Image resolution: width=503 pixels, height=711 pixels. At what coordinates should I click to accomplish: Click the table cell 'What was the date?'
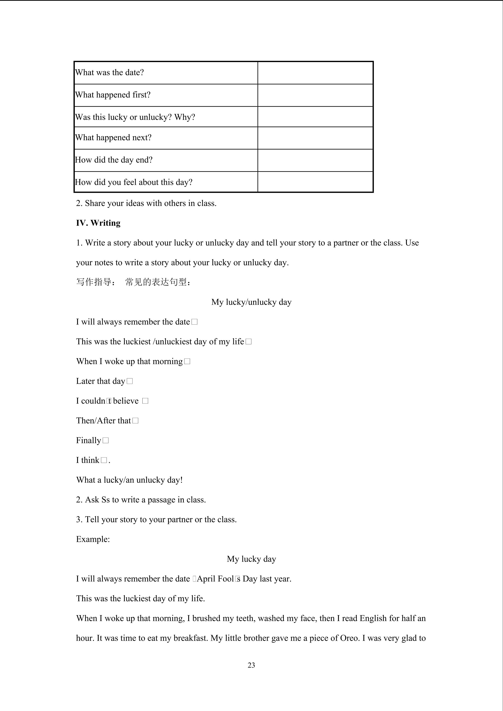click(109, 72)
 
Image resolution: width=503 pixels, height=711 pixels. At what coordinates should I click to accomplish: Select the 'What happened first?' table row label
click(113, 95)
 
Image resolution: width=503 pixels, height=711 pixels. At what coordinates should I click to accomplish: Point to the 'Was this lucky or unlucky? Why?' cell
click(135, 117)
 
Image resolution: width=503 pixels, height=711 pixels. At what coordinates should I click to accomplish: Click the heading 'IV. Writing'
click(98, 223)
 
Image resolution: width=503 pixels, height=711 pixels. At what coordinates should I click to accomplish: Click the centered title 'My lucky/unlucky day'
click(251, 302)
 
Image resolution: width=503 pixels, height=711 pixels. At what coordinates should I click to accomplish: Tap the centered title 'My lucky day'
click(251, 559)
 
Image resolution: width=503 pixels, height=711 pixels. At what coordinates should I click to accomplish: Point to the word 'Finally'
click(89, 440)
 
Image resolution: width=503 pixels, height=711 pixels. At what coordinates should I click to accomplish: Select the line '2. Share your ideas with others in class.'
click(146, 203)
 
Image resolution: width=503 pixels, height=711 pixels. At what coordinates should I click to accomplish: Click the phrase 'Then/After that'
click(104, 420)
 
